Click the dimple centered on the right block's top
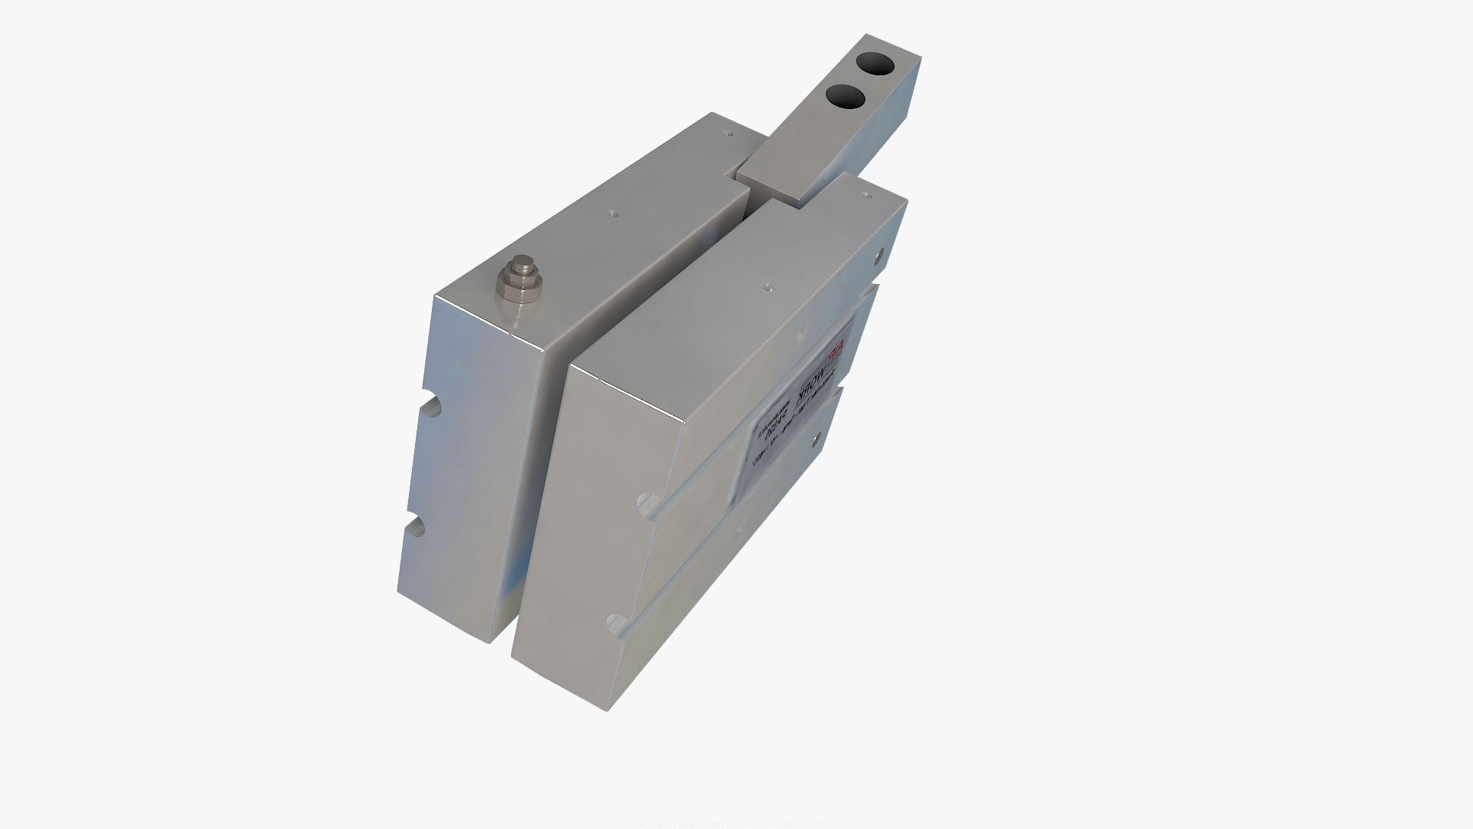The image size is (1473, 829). pyautogui.click(x=767, y=288)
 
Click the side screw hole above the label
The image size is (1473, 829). pyautogui.click(x=879, y=250)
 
